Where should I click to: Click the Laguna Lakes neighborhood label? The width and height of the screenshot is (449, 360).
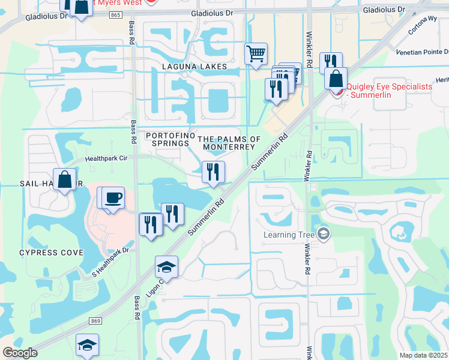coord(194,66)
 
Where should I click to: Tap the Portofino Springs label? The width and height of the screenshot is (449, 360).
coord(170,139)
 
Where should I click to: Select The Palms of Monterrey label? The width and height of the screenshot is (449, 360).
coord(233,143)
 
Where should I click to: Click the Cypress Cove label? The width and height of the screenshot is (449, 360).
coord(51,253)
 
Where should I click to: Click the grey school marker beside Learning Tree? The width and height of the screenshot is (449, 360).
coord(324,233)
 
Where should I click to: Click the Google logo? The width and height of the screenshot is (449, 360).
coord(20,353)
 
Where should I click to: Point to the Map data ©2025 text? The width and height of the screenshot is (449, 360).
coord(423,355)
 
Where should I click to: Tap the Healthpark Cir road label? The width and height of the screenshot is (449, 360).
coord(107,160)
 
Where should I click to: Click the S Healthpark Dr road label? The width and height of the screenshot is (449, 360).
coord(110,263)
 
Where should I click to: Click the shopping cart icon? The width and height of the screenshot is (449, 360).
coord(256,53)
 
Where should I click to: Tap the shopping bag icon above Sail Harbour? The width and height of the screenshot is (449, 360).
coord(64,179)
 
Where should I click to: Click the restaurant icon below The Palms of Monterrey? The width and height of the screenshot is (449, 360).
coord(213,172)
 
